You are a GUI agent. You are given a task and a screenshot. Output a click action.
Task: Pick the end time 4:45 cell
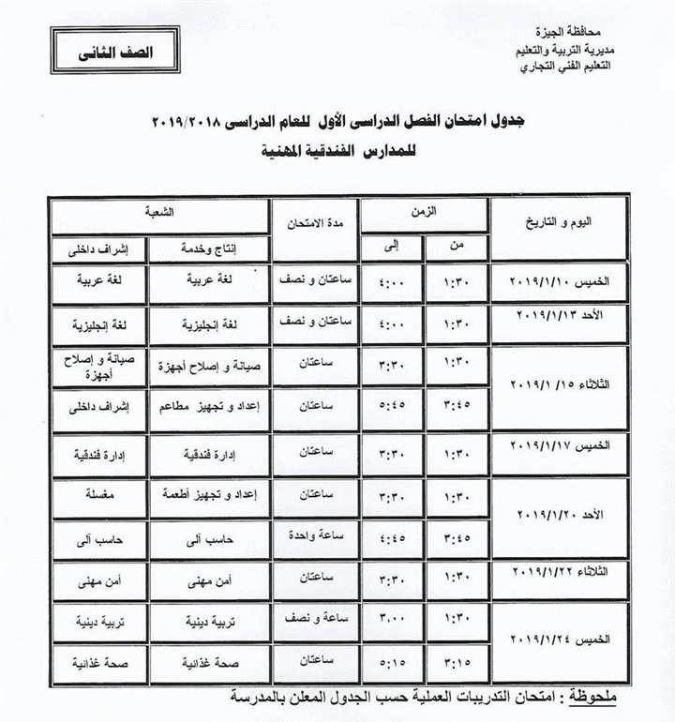click(392, 537)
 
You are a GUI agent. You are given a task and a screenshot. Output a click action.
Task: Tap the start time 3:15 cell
click(456, 664)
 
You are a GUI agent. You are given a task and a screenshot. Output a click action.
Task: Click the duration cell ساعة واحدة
click(316, 534)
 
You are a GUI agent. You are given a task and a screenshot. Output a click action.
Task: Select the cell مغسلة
click(98, 494)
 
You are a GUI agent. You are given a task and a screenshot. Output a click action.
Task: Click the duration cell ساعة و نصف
click(316, 621)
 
